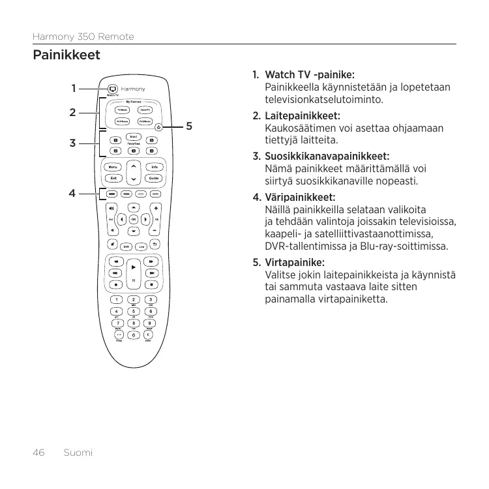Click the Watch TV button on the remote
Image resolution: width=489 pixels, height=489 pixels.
point(111,88)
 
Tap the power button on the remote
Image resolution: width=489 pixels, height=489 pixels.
point(158,126)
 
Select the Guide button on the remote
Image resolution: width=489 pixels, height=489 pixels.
point(154,178)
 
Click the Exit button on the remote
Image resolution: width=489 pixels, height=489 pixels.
point(113,178)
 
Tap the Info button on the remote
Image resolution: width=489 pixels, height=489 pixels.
point(154,168)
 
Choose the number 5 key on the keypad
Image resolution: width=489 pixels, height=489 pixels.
point(134,312)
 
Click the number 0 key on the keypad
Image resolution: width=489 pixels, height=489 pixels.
point(134,335)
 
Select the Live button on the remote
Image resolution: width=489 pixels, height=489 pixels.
point(140,246)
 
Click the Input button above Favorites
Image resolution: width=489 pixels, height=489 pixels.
point(134,135)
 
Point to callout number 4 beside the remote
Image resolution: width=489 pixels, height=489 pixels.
point(73,193)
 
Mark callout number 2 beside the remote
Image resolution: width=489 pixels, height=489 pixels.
point(73,112)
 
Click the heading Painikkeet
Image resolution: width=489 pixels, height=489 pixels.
point(67,55)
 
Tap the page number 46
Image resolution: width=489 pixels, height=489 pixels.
point(38,452)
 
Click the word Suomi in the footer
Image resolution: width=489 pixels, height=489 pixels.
point(78,452)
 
